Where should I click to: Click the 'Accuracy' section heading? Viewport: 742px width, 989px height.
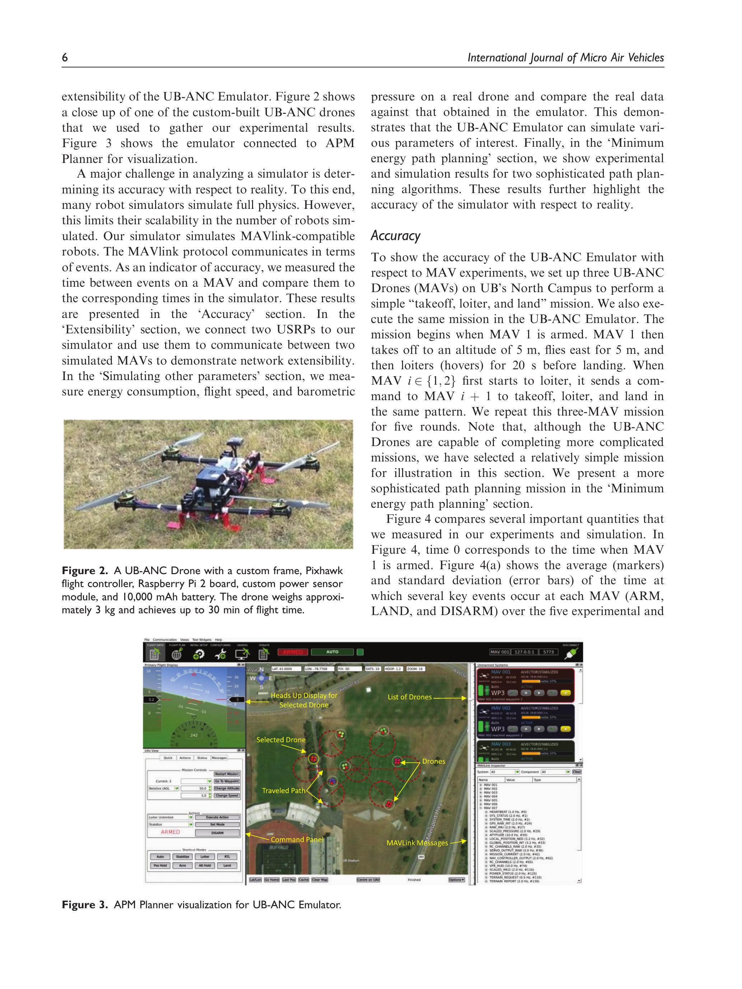[x=395, y=236]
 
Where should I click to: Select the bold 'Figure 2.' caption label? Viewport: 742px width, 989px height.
[x=85, y=571]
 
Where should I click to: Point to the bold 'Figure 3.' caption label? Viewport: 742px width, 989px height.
[x=85, y=905]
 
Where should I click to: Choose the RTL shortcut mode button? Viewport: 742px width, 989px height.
[x=227, y=857]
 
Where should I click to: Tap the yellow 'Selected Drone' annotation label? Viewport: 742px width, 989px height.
[x=281, y=740]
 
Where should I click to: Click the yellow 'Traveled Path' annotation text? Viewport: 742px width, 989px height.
[x=284, y=791]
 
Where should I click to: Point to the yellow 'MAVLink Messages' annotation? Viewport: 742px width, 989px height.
[x=417, y=843]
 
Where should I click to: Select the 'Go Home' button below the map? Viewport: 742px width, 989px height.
[x=271, y=880]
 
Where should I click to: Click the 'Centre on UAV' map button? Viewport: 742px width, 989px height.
[x=368, y=880]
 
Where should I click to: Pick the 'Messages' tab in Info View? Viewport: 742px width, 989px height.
[x=219, y=758]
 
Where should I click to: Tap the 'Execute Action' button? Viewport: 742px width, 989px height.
[x=218, y=817]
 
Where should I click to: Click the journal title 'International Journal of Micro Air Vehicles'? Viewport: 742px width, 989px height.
[x=565, y=58]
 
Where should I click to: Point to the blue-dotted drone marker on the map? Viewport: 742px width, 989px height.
[x=332, y=780]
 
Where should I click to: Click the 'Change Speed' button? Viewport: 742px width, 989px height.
[x=227, y=796]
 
